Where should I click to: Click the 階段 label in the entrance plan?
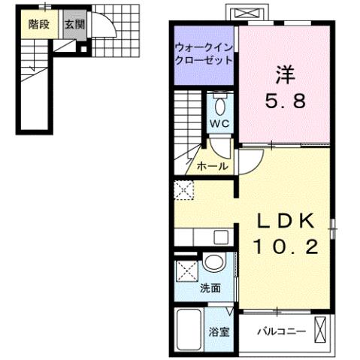[40, 24]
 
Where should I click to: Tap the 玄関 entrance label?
[74, 24]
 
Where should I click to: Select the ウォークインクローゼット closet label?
[204, 54]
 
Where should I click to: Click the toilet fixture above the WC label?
[219, 102]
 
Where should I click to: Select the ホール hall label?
[213, 166]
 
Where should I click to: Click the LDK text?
[285, 220]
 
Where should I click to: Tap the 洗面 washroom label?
[211, 287]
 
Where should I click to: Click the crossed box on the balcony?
[322, 330]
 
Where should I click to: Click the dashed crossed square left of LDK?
[183, 190]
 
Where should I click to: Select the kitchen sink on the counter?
[221, 237]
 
